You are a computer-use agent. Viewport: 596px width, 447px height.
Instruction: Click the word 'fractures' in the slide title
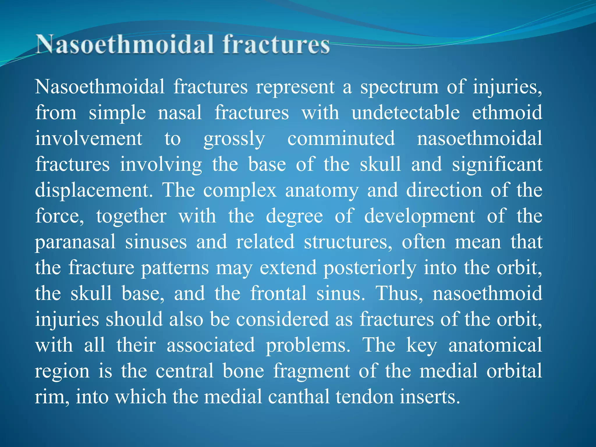(276, 44)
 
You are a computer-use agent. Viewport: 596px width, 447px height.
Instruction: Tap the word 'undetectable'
(406, 113)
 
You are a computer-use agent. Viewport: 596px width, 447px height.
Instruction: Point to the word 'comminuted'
(341, 139)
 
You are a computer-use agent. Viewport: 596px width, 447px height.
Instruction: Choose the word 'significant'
(497, 164)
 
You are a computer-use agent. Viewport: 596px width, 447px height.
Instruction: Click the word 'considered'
(282, 319)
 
